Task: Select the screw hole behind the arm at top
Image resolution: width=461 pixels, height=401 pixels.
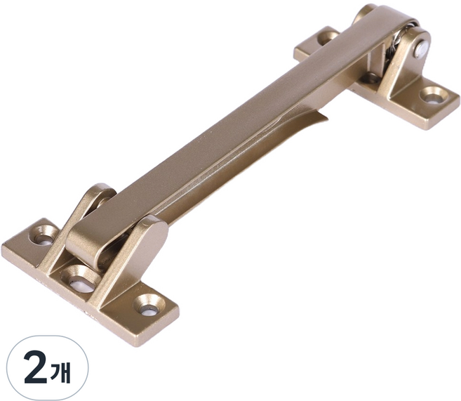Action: [328, 38]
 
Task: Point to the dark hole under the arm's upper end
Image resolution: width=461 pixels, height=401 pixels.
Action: [370, 78]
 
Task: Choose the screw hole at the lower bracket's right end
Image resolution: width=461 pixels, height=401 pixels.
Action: [149, 306]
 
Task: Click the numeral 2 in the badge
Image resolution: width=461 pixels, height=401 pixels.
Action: [35, 368]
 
